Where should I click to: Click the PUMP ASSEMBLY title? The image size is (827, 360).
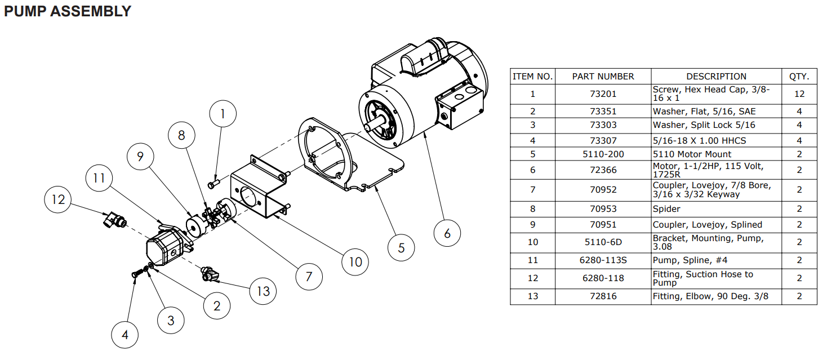pyautogui.click(x=68, y=11)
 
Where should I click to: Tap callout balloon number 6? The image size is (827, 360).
pyautogui.click(x=447, y=233)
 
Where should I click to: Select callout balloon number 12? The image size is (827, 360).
pyautogui.click(x=59, y=199)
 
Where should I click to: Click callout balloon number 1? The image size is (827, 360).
pyautogui.click(x=223, y=114)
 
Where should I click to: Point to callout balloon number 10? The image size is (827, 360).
pyautogui.click(x=355, y=261)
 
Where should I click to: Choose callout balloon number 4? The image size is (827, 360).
pyautogui.click(x=125, y=335)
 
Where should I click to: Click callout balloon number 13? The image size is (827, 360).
pyautogui.click(x=263, y=291)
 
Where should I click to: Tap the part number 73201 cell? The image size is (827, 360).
pyautogui.click(x=603, y=94)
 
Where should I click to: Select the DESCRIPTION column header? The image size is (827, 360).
pyautogui.click(x=716, y=76)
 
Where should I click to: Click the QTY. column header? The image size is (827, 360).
pyautogui.click(x=799, y=76)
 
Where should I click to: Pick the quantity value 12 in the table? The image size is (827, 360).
pyautogui.click(x=799, y=94)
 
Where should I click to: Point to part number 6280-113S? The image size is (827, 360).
pyautogui.click(x=603, y=260)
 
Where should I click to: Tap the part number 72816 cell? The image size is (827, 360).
pyautogui.click(x=603, y=296)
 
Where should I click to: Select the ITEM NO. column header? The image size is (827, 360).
pyautogui.click(x=532, y=76)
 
